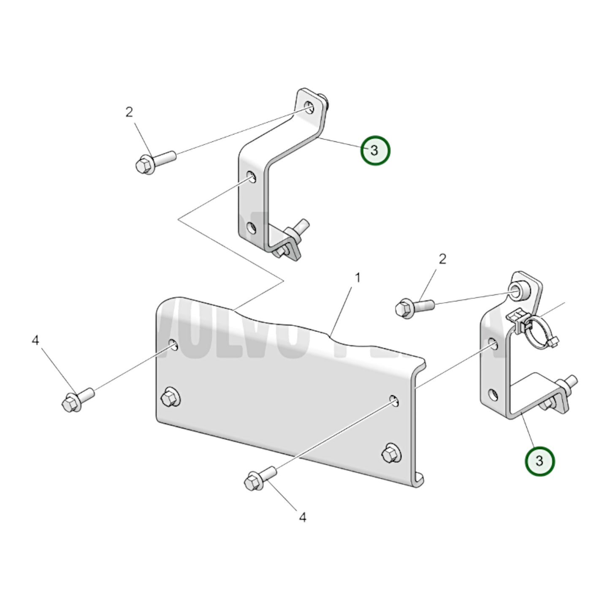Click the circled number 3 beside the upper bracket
click(x=375, y=151)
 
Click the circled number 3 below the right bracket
click(x=539, y=461)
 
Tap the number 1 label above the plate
click(x=357, y=278)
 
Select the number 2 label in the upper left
click(x=129, y=112)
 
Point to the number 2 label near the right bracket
click(x=442, y=259)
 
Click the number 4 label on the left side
click(x=35, y=340)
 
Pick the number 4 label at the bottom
click(x=302, y=517)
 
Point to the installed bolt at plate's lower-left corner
click(x=170, y=397)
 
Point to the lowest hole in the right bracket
click(x=492, y=395)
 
